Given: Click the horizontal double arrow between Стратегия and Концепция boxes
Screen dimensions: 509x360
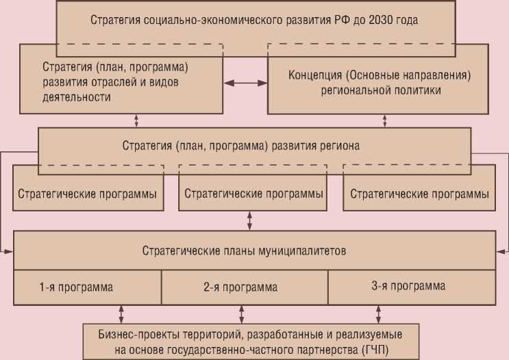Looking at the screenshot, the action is pos(245,83).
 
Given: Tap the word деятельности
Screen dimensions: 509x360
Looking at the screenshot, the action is pos(76,97).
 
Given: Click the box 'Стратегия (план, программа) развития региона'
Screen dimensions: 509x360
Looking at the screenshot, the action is pos(241,146).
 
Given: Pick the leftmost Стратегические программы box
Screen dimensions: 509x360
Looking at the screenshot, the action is pos(88,194).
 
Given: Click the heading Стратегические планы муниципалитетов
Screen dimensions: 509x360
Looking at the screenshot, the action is pos(244,250).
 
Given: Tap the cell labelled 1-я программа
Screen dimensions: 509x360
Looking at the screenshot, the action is pos(76,287).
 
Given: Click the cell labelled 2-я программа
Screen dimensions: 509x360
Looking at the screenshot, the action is pos(240,287).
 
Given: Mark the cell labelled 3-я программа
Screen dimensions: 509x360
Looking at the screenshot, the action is pos(408,286).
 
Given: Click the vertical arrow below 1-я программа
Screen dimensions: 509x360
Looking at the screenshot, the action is pos(122,313).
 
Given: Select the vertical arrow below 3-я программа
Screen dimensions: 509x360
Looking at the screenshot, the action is pos(379,313).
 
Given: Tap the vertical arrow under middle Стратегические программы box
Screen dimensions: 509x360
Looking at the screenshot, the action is pos(249,220).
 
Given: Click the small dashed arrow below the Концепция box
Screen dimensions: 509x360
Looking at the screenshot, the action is pos(384,120).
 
